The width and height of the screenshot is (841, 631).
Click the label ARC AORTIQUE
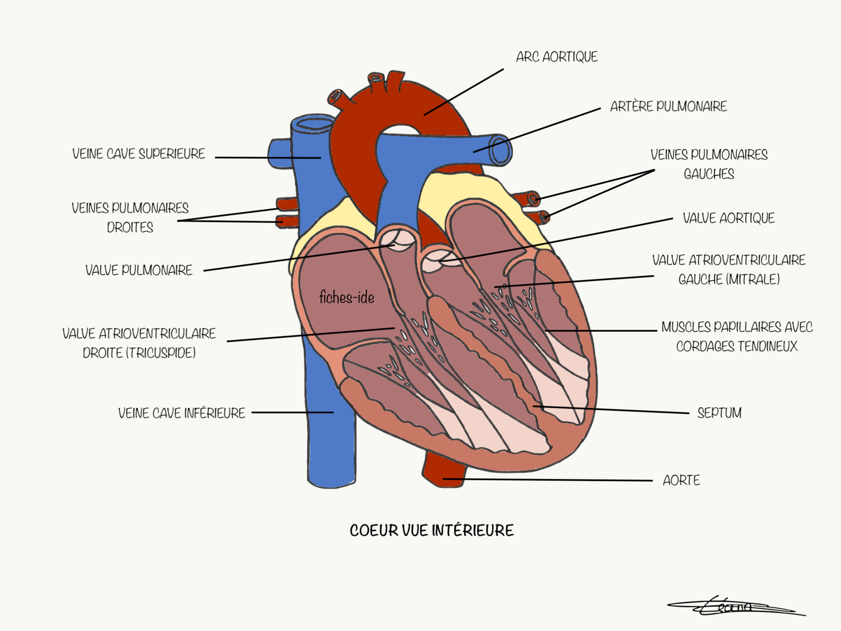click(x=556, y=57)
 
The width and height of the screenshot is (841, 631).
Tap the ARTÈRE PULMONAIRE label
click(x=668, y=106)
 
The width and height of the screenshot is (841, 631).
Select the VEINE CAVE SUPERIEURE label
click(x=138, y=154)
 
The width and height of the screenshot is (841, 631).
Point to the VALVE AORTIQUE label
click(x=728, y=218)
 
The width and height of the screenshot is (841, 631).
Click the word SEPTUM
click(x=719, y=413)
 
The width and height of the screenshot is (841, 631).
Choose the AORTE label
click(x=681, y=480)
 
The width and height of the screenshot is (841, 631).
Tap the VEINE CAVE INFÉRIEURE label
click(x=182, y=413)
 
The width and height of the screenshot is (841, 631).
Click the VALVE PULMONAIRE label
click(x=139, y=270)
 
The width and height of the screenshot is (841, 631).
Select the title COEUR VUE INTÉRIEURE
click(x=432, y=530)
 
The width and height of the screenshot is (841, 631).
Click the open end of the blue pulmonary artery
click(x=500, y=150)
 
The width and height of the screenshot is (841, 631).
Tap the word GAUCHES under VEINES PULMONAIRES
click(x=709, y=174)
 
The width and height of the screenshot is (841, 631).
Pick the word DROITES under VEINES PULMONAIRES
click(x=130, y=227)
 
